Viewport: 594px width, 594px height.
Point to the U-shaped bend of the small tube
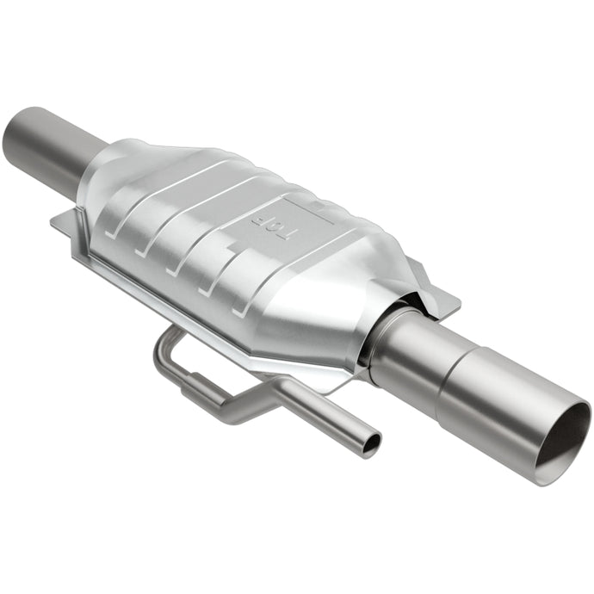pos(164,348)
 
